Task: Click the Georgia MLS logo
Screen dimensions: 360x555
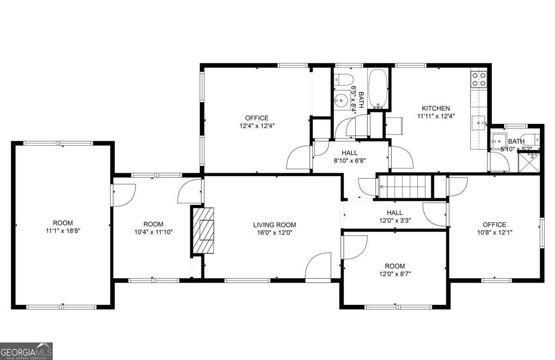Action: coord(26,351)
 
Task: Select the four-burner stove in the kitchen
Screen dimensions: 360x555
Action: coord(479,79)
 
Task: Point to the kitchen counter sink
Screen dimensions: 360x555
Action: coord(479,123)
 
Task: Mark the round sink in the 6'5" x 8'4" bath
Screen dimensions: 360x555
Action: coord(342,100)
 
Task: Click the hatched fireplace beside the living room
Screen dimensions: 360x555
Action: coord(203,230)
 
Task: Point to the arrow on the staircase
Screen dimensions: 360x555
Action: coord(382,187)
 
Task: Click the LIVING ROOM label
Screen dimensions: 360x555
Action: coord(274,225)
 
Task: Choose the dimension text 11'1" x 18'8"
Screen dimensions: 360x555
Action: coord(62,230)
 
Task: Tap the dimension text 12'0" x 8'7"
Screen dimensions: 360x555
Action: coord(395,274)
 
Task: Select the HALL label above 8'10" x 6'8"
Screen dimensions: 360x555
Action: coord(349,153)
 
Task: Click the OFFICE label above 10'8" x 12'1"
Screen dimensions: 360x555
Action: coord(494,225)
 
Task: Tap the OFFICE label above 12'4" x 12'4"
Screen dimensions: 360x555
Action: coord(257,118)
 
